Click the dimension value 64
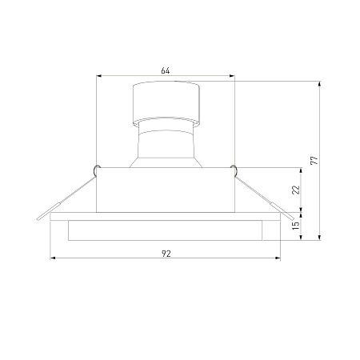[x=166, y=70]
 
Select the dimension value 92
[x=166, y=254]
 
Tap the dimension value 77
[x=315, y=160]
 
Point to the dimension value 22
[x=296, y=190]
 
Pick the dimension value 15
[x=296, y=226]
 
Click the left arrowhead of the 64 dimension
[x=98, y=76]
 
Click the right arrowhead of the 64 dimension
[x=232, y=76]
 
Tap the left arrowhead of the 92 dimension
[x=53, y=258]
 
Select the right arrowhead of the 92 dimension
[x=278, y=258]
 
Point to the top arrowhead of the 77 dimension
[x=320, y=84]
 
